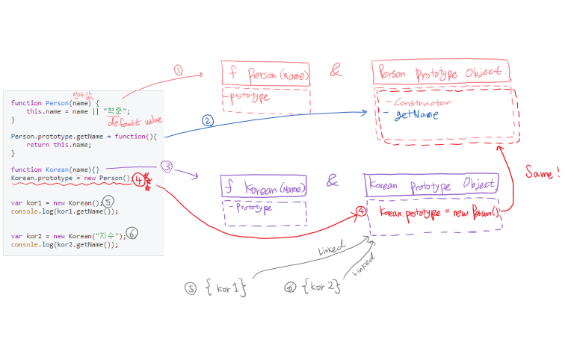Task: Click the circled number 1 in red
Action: pyautogui.click(x=178, y=70)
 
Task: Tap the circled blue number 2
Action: pyautogui.click(x=208, y=120)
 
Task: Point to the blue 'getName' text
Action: pyautogui.click(x=416, y=115)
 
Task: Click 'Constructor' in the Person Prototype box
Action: pyautogui.click(x=423, y=102)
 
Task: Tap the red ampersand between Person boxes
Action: pyautogui.click(x=336, y=72)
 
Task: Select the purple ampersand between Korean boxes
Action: pyautogui.click(x=333, y=181)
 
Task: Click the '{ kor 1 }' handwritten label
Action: pyautogui.click(x=225, y=287)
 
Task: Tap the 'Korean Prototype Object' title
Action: pyautogui.click(x=430, y=184)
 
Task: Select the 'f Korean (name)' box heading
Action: pyautogui.click(x=265, y=189)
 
